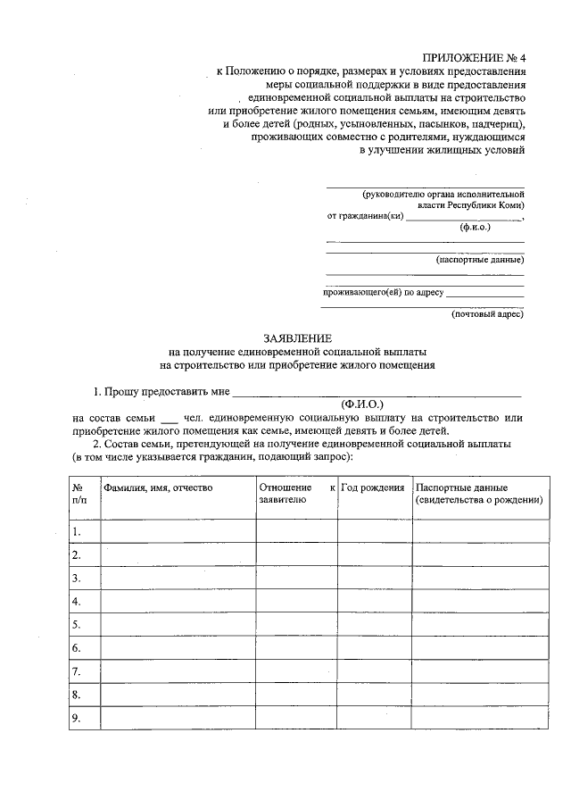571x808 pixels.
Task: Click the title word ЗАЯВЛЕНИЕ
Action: (297, 338)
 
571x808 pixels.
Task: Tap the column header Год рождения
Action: (373, 488)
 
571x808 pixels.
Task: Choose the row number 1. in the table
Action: (77, 531)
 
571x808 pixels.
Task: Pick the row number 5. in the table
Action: (77, 624)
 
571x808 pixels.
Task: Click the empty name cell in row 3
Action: (178, 578)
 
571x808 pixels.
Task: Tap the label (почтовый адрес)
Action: (487, 313)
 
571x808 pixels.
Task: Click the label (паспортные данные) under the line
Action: (479, 260)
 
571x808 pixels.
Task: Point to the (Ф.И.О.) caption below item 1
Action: (361, 404)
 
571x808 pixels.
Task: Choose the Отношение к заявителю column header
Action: (296, 495)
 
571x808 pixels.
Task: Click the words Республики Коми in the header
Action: (490, 204)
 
